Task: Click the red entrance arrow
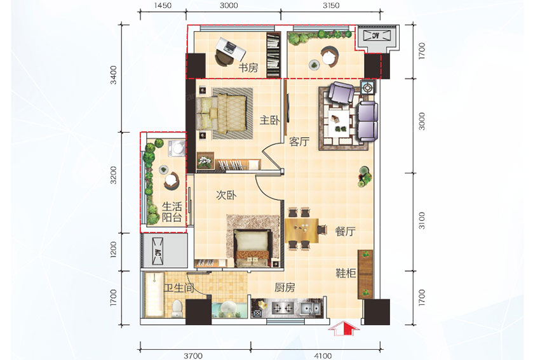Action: (x=343, y=328)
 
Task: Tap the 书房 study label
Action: (x=248, y=67)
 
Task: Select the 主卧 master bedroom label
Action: (x=269, y=120)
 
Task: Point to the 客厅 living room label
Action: (x=299, y=142)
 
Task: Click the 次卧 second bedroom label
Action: (x=226, y=195)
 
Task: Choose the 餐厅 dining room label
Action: (x=345, y=231)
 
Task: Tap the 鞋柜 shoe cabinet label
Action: (x=346, y=273)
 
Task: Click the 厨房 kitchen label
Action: (x=285, y=288)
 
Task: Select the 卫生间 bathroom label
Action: (x=179, y=288)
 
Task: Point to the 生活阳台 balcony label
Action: (x=172, y=212)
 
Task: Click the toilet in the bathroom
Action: (x=177, y=309)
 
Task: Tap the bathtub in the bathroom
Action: (x=154, y=295)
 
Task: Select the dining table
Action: (x=302, y=230)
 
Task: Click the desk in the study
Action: (x=231, y=48)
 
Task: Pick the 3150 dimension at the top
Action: (x=331, y=6)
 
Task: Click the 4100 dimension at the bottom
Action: (x=323, y=356)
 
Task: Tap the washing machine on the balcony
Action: (x=177, y=149)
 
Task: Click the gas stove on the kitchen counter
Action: (x=283, y=308)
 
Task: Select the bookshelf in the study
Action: (x=273, y=55)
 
